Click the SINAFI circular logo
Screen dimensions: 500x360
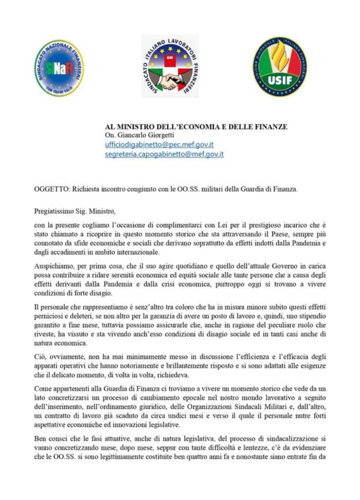click(59, 68)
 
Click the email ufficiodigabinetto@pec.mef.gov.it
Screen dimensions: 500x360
click(159, 144)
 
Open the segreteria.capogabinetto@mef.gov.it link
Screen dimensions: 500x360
click(164, 154)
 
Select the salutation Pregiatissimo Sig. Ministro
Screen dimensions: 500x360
click(74, 212)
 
